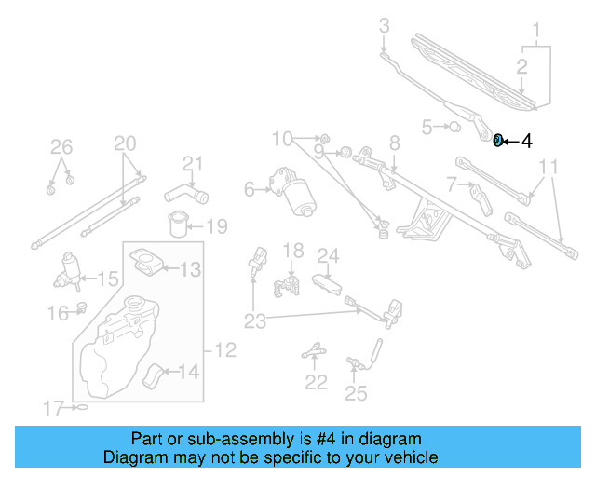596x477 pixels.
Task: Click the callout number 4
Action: click(x=526, y=142)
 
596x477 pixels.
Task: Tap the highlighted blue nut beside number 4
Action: click(x=498, y=141)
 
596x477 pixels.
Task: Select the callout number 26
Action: click(x=61, y=146)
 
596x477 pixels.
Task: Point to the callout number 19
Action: click(x=216, y=226)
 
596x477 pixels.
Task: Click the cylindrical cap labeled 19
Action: click(x=177, y=225)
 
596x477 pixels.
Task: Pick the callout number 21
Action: click(x=192, y=165)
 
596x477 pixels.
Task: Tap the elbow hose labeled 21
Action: click(x=184, y=194)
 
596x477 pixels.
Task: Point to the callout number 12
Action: click(x=226, y=351)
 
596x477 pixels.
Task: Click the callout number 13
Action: click(x=190, y=270)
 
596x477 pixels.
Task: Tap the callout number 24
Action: click(x=328, y=255)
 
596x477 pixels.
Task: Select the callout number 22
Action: click(x=317, y=382)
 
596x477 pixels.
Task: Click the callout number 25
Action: click(x=356, y=393)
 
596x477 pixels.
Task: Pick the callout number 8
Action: click(x=394, y=143)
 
